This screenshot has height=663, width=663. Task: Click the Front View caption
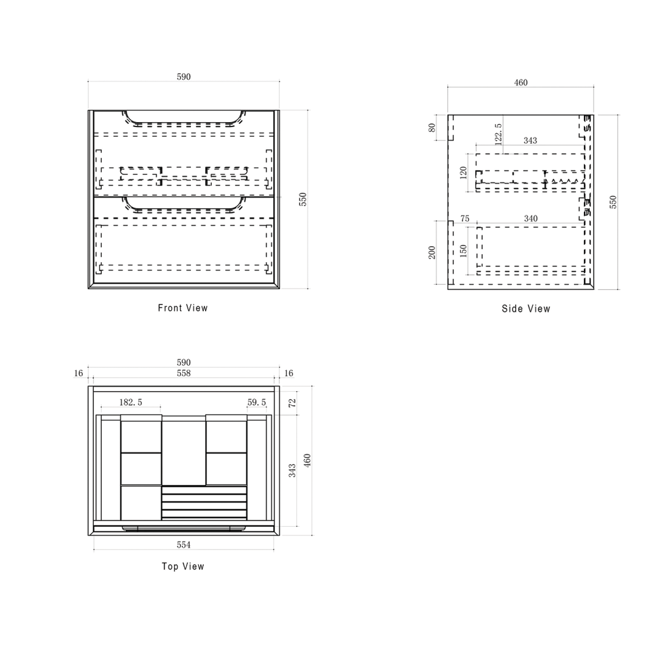(183, 308)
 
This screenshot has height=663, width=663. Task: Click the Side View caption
(526, 309)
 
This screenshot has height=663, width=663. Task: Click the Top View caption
(183, 566)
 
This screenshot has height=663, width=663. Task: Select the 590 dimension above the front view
(184, 77)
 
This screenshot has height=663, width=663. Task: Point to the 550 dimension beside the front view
(303, 199)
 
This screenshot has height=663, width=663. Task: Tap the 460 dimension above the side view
(521, 82)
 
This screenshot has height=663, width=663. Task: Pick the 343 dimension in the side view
(530, 141)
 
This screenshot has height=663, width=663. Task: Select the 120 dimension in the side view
(463, 173)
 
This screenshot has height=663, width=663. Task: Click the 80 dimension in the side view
(432, 127)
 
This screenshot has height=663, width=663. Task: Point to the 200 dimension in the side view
(432, 252)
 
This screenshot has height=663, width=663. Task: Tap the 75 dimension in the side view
(465, 219)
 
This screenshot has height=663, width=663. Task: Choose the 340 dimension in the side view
(530, 218)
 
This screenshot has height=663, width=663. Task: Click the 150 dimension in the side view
(463, 250)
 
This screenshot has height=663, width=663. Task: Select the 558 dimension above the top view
(184, 373)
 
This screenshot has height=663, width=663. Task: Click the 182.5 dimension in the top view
(131, 402)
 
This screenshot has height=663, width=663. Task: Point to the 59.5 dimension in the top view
(257, 402)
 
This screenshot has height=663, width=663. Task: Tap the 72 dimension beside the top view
(292, 403)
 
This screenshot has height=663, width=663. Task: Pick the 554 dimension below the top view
(184, 545)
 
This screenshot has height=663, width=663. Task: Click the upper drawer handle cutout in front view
(184, 125)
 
